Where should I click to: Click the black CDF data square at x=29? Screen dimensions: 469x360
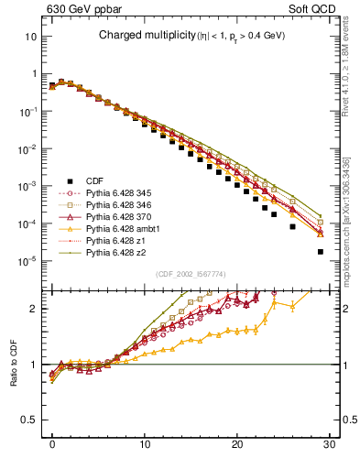tap(320, 251)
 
